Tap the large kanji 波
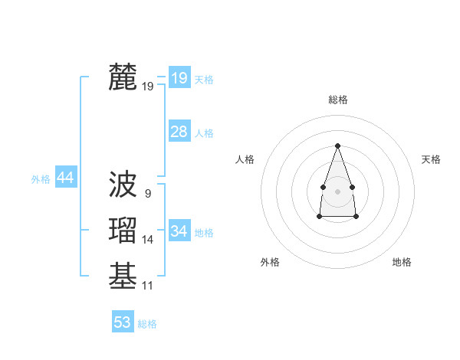[x=123, y=184]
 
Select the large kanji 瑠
[x=123, y=231]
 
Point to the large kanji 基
[x=123, y=277]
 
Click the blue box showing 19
[x=179, y=77]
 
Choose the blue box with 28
[x=179, y=132]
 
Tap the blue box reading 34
[x=179, y=231]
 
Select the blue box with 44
[x=65, y=178]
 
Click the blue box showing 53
[x=123, y=322]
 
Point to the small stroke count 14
[x=147, y=241]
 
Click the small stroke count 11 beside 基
[x=147, y=286]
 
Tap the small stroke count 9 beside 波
[x=147, y=194]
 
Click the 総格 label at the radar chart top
[x=337, y=100]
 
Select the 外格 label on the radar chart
[x=270, y=262]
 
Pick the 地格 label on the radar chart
[x=402, y=262]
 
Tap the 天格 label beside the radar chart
[x=431, y=159]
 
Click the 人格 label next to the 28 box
[x=204, y=133]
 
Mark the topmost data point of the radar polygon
[x=337, y=146]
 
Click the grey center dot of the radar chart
[x=337, y=191]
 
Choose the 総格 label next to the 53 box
[x=147, y=324]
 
